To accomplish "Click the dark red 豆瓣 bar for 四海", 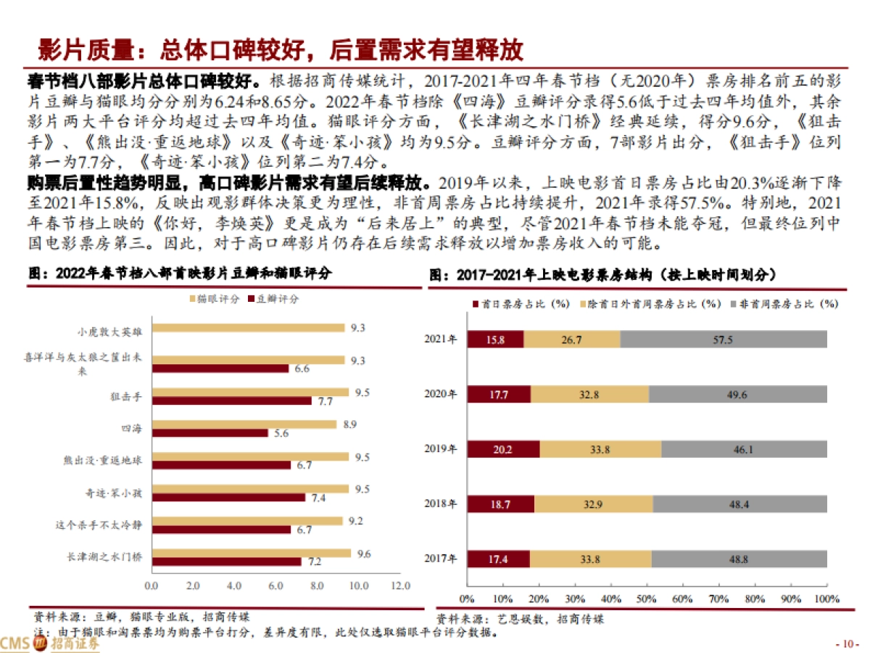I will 210,433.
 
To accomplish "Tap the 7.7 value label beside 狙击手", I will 324,401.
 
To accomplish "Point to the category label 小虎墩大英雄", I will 110,331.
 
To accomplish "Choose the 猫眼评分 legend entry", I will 214,299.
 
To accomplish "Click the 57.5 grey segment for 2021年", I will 724,339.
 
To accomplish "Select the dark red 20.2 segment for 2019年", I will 503,449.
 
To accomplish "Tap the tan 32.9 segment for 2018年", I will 593,504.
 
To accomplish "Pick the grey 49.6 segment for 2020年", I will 737,394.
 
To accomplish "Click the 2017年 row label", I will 441,559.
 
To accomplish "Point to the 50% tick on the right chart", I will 646,600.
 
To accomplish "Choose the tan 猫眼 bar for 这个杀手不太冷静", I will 247,521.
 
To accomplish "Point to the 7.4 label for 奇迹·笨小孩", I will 318,498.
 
